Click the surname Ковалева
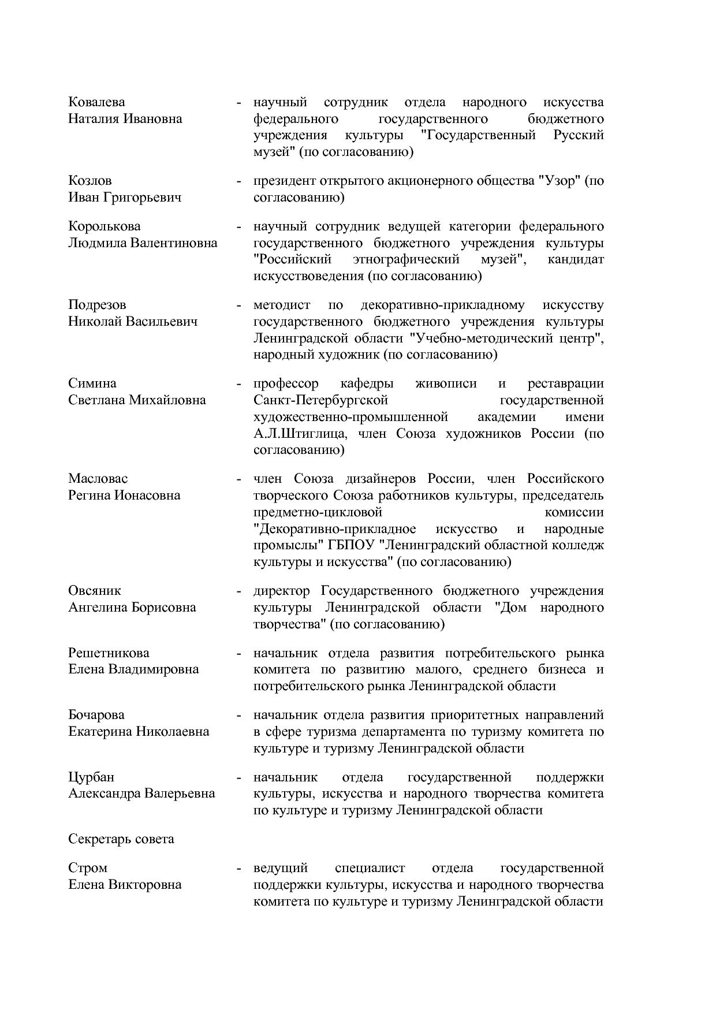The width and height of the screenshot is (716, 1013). [96, 102]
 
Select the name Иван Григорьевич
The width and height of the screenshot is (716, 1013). [125, 198]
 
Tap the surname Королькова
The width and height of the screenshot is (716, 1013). [104, 226]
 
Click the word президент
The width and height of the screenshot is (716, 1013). [282, 181]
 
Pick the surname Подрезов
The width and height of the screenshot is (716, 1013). [97, 305]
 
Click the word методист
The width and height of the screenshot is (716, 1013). [282, 305]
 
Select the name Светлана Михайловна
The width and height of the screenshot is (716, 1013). [137, 400]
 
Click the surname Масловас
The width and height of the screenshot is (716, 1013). [98, 479]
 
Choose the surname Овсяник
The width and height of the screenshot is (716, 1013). [95, 591]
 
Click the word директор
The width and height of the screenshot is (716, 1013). [282, 591]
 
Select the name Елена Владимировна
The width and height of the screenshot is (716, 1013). [133, 669]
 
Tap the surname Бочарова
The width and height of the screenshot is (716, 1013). [96, 715]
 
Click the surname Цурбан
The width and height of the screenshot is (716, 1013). [91, 777]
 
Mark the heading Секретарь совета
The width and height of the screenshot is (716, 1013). [121, 839]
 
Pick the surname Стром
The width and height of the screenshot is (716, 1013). [88, 868]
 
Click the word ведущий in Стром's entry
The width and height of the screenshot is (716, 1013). [281, 868]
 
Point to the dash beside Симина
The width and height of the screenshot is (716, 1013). [238, 384]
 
